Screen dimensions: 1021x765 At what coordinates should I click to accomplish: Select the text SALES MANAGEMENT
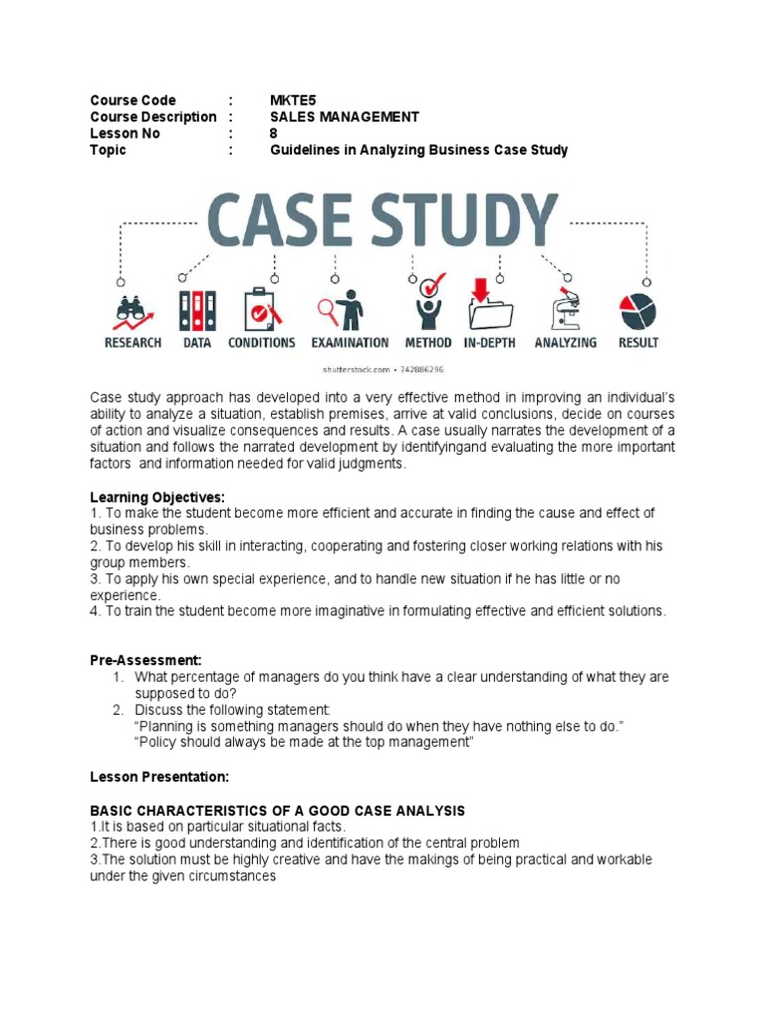click(345, 117)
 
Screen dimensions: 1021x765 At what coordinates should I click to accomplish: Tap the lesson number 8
click(275, 134)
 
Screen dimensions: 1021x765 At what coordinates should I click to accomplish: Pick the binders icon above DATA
click(196, 310)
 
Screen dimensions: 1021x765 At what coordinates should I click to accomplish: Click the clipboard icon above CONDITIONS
click(261, 310)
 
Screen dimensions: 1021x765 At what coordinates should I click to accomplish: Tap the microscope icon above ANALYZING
click(565, 309)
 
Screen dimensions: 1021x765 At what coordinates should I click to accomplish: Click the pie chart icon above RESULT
click(637, 310)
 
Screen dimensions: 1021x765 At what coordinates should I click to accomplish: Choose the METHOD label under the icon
click(429, 343)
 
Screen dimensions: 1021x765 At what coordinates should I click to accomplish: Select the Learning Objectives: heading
click(157, 497)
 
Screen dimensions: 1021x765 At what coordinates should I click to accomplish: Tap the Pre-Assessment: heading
click(145, 660)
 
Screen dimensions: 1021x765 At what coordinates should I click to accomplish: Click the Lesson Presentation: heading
click(159, 776)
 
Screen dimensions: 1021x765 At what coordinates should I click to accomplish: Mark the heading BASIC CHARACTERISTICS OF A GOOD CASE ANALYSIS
click(278, 811)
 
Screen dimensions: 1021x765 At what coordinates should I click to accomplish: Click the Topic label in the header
click(109, 151)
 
